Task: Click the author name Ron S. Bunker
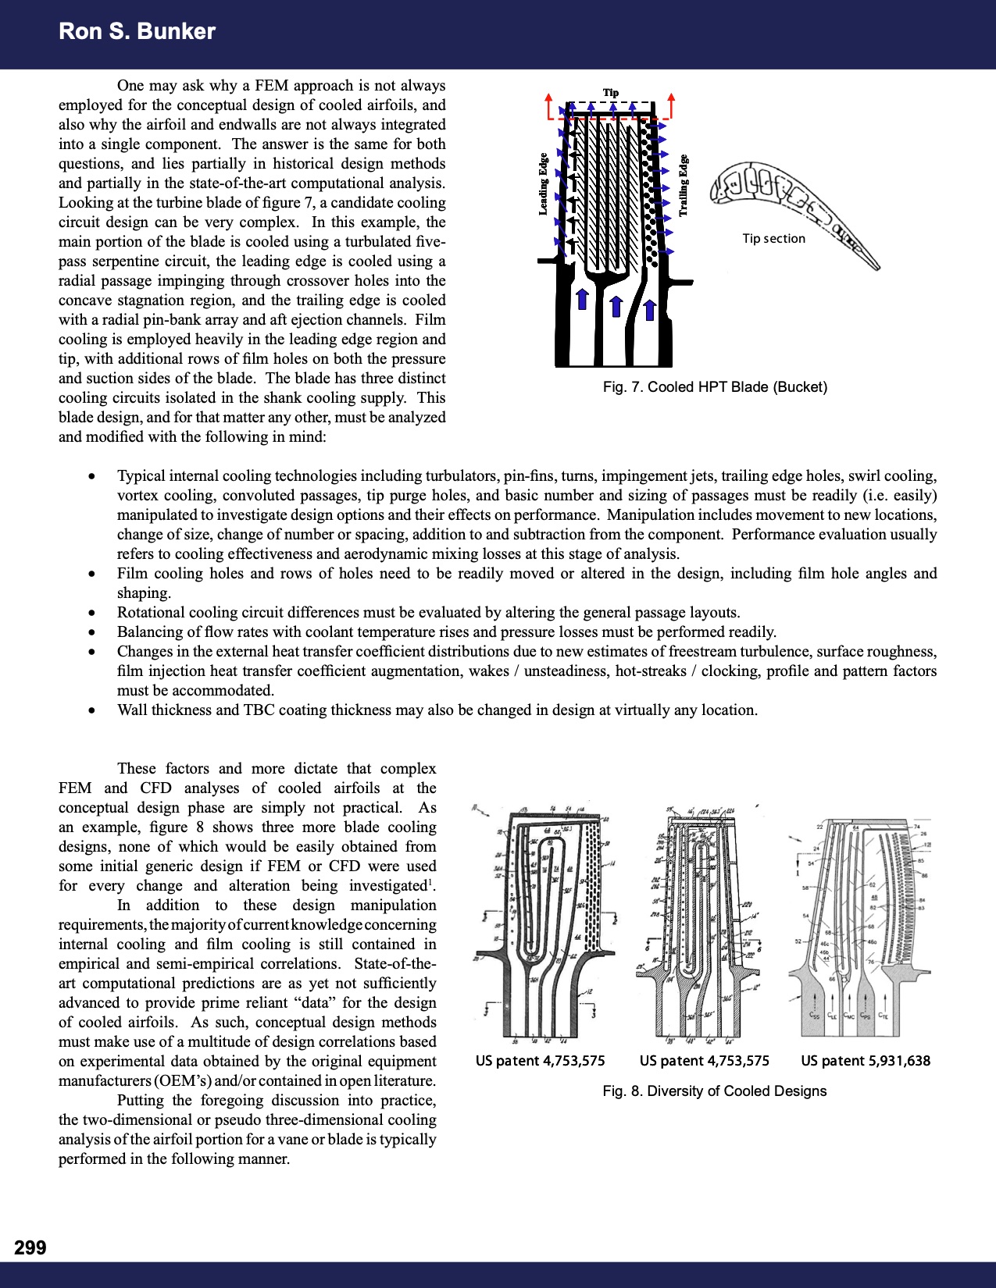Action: (x=137, y=31)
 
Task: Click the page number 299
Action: (x=30, y=1247)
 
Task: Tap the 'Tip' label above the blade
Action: (x=610, y=93)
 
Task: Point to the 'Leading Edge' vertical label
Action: (x=543, y=184)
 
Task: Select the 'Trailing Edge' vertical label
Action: (x=684, y=186)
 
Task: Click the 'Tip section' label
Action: (x=773, y=239)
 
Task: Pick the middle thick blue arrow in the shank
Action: (x=616, y=305)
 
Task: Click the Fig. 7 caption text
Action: (x=715, y=387)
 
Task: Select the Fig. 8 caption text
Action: (x=714, y=1091)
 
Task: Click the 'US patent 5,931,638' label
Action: (x=866, y=1061)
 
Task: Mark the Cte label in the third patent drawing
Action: (x=884, y=1016)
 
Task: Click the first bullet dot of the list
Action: (x=93, y=476)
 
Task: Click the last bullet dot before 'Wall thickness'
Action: (x=93, y=710)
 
